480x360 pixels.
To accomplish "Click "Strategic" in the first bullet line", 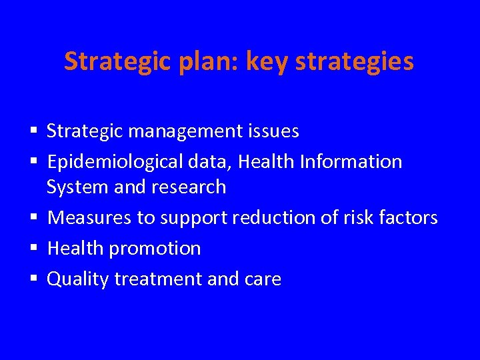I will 85,131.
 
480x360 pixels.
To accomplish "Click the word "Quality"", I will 77,279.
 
